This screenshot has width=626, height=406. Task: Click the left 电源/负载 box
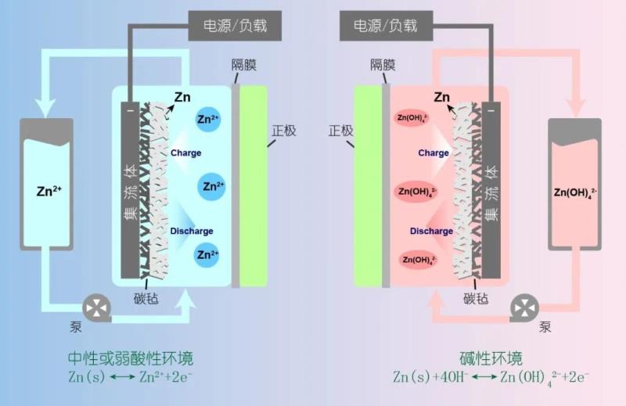[228, 25]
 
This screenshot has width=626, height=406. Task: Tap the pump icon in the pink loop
[521, 307]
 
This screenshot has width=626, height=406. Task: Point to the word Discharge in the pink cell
[431, 231]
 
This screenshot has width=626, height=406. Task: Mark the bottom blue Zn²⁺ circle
[207, 254]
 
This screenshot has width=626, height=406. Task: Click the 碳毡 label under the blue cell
[149, 298]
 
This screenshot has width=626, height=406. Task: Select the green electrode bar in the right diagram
[366, 185]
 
